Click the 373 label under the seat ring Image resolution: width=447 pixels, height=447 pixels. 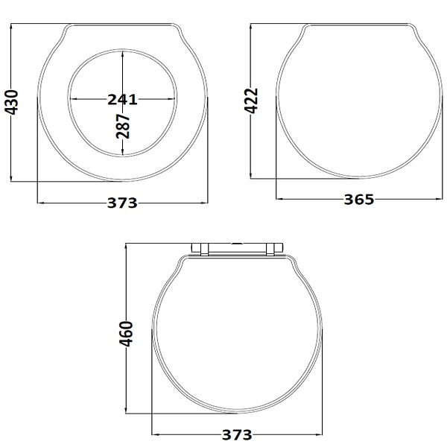pyautogui.click(x=122, y=203)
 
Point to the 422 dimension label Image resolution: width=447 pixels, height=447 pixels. pyautogui.click(x=252, y=101)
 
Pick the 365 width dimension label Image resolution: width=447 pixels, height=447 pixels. pyautogui.click(x=358, y=199)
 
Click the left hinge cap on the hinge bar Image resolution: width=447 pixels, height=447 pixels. pyautogui.click(x=200, y=249)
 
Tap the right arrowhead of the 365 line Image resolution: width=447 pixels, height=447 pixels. pyautogui.click(x=439, y=199)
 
